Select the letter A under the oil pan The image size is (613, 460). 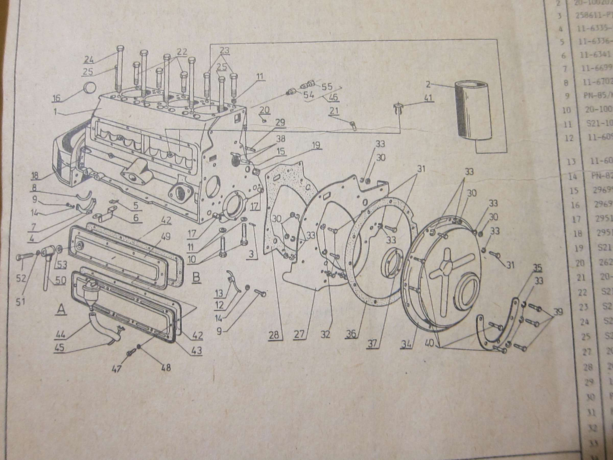(61, 309)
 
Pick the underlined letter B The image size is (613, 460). (196, 278)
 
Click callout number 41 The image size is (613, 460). (428, 98)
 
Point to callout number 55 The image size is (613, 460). (327, 87)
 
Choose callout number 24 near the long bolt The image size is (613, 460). (89, 60)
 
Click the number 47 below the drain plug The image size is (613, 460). (117, 369)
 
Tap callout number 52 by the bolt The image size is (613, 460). (21, 278)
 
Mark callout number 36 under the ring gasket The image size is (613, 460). (351, 334)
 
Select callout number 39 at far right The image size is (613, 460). (558, 312)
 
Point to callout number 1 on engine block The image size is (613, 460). (55, 112)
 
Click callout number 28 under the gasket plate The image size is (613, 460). (274, 335)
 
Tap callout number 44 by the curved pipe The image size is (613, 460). (60, 335)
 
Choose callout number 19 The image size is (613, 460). (316, 145)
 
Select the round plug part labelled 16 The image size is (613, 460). (89, 88)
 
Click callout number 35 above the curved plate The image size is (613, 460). (538, 268)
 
